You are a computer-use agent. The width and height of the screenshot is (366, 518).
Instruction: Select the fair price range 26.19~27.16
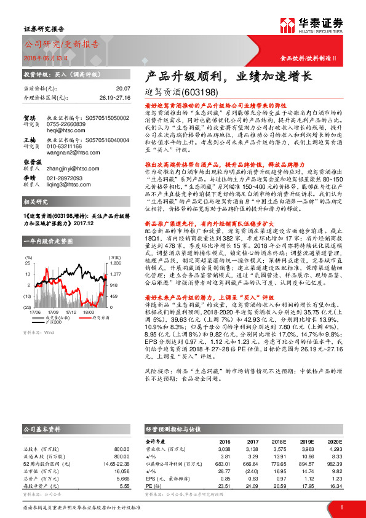point(114,97)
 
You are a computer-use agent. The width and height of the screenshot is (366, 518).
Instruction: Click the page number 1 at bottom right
point(341,507)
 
